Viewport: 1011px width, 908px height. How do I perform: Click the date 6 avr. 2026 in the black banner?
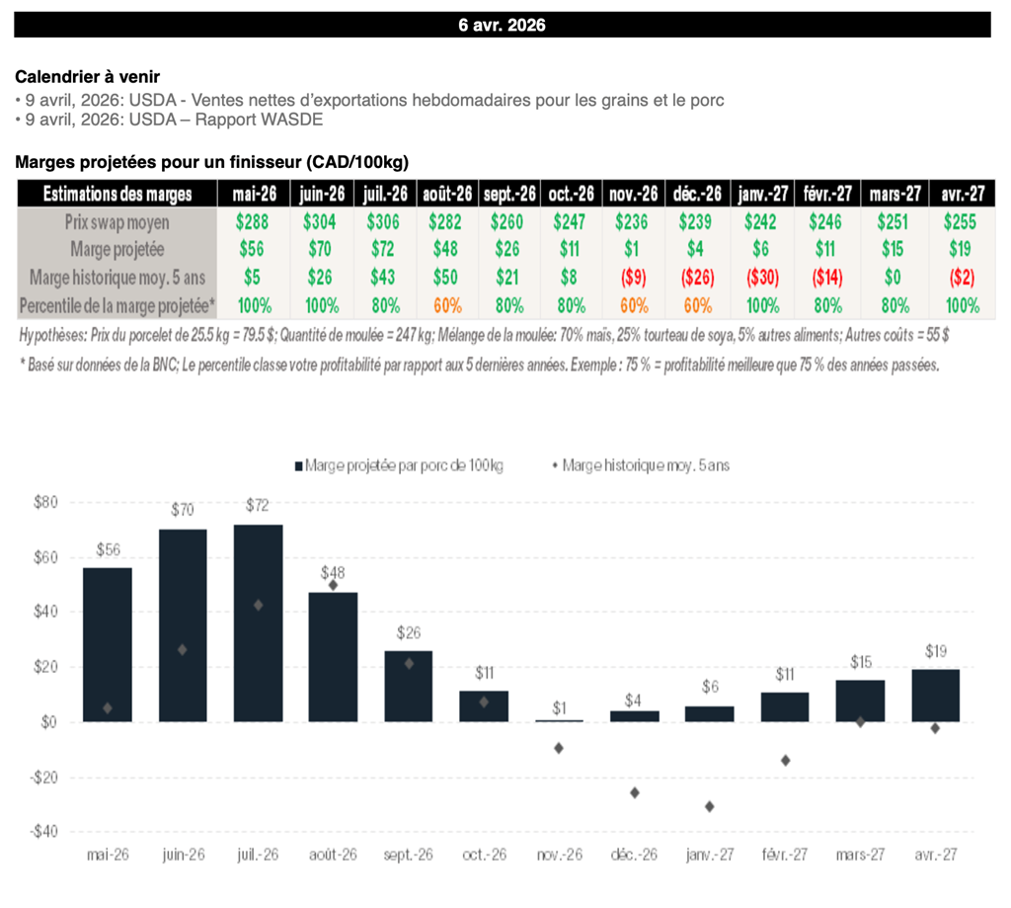[x=502, y=25]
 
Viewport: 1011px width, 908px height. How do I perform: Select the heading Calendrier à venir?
[x=88, y=77]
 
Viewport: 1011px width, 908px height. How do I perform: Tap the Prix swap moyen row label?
[x=116, y=222]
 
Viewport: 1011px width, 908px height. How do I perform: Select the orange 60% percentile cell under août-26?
[x=447, y=305]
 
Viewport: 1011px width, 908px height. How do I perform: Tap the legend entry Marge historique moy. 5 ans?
[x=646, y=464]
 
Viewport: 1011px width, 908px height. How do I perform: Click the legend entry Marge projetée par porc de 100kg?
[x=404, y=464]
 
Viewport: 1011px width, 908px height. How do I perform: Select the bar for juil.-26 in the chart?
[x=259, y=622]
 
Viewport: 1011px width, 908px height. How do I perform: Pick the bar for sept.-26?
[x=409, y=686]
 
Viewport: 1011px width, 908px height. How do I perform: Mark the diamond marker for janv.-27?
[x=710, y=806]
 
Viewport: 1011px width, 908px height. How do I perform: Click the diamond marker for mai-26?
[x=108, y=707]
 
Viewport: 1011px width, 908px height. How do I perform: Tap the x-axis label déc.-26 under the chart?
[x=634, y=856]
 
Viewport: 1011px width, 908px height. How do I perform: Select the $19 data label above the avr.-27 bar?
[x=936, y=651]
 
